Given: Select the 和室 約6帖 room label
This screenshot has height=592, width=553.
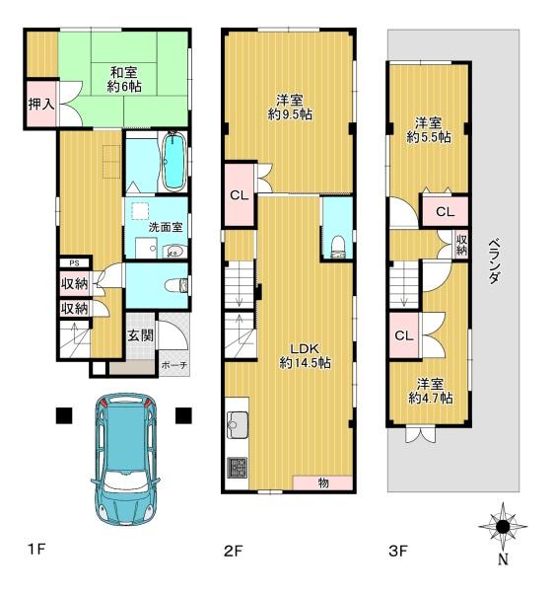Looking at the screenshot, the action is [x=124, y=79].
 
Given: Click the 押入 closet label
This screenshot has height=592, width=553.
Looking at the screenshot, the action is [x=41, y=104].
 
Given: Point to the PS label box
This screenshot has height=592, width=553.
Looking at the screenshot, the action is [x=75, y=262].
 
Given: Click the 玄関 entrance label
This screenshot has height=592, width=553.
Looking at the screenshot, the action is [x=140, y=334].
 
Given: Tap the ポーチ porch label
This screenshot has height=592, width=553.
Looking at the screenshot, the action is [x=173, y=365].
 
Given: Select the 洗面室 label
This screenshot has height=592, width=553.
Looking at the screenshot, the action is [x=166, y=227].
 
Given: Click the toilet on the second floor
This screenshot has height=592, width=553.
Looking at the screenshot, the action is [x=337, y=248].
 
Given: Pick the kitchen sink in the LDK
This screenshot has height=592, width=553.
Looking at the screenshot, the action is [x=238, y=425].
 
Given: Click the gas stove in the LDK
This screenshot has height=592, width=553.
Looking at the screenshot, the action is [x=238, y=468].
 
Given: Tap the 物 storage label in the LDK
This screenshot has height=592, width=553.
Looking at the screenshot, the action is [x=323, y=482].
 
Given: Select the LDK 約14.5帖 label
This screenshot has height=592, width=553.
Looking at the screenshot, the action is [x=306, y=355].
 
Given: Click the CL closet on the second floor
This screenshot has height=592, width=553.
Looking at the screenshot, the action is [x=240, y=194].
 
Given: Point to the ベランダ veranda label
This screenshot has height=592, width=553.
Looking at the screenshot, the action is [x=494, y=261].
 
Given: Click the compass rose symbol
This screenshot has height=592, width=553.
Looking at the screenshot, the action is [x=503, y=526].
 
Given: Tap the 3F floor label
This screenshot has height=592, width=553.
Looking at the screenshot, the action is [x=398, y=552].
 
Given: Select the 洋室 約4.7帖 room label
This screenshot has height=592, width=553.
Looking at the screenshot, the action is [x=431, y=391].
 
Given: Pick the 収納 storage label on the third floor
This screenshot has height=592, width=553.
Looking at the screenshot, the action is [x=461, y=245].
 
